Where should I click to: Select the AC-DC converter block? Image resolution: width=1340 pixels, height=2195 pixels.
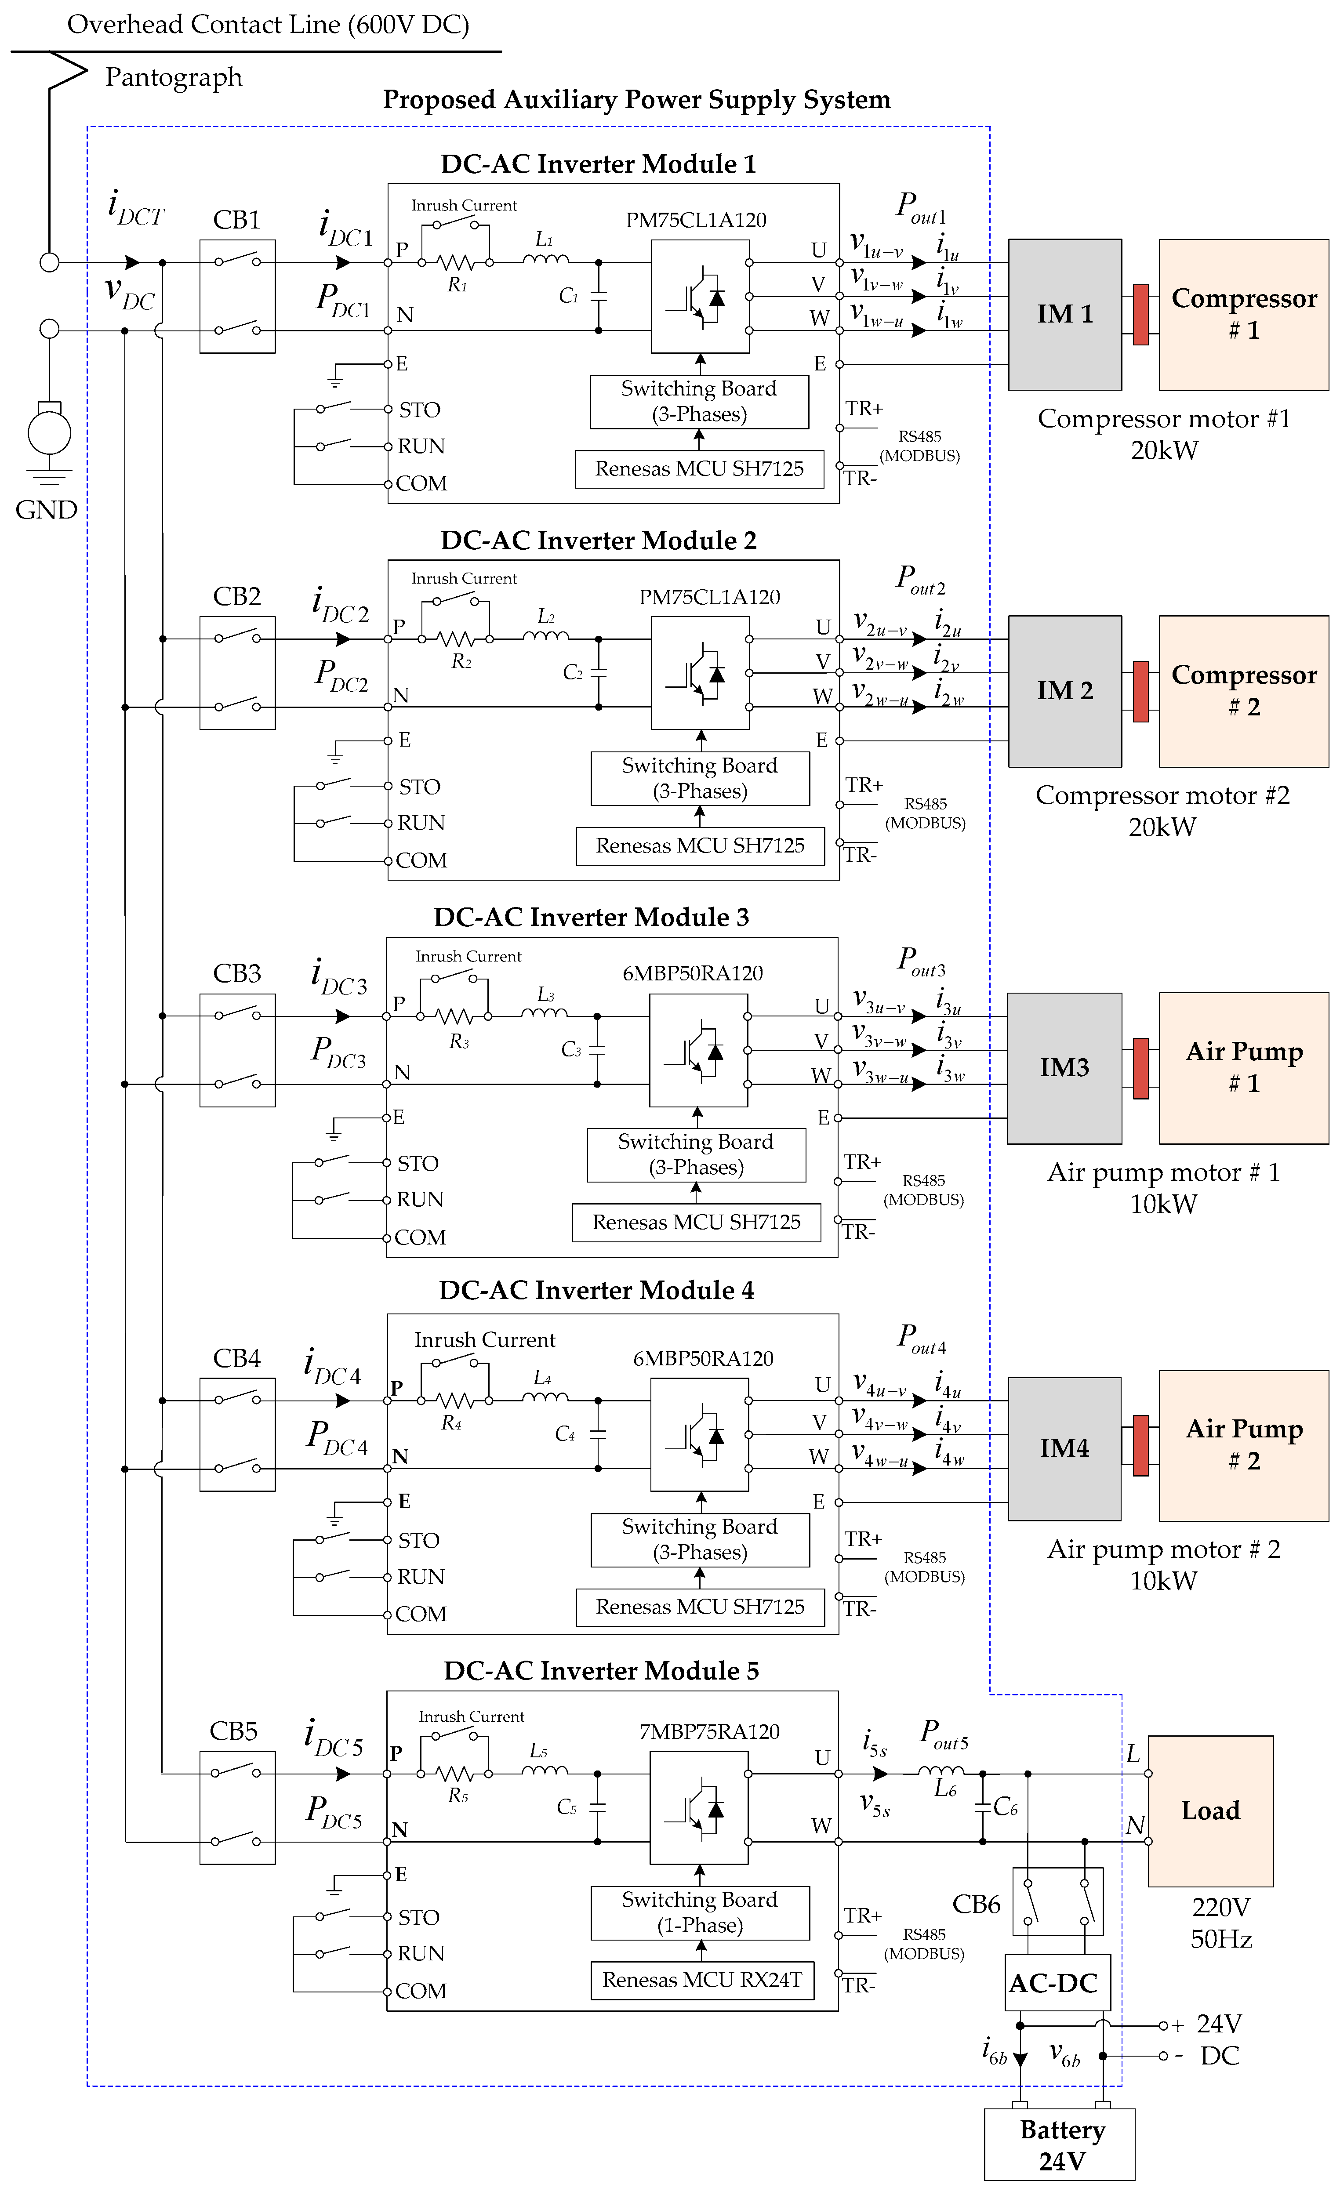1057,1983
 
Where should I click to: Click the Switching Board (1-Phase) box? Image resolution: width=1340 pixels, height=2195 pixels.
700,1912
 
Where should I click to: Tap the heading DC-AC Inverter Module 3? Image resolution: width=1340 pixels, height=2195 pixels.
591,918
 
